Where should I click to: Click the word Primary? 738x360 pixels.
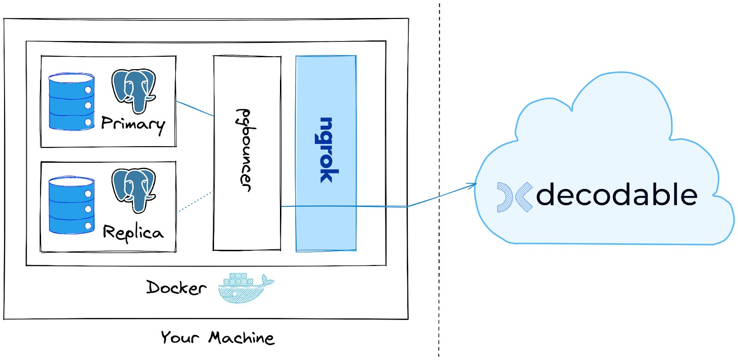(x=132, y=124)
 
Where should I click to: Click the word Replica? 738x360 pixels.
(x=133, y=232)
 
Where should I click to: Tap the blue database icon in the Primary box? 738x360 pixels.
(x=71, y=102)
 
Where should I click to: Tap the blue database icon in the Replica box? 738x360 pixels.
(x=71, y=206)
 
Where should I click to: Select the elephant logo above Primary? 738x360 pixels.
(x=134, y=90)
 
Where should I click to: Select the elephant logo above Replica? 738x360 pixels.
(x=134, y=189)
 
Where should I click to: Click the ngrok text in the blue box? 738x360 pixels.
(x=327, y=150)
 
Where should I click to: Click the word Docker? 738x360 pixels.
(x=176, y=288)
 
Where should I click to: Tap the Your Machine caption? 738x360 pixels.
(x=217, y=337)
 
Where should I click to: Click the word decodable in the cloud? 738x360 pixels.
(x=616, y=195)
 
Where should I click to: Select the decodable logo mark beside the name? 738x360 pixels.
(x=514, y=197)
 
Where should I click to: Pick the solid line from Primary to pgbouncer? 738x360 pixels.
(x=195, y=108)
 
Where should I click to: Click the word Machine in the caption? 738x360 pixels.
(x=241, y=337)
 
